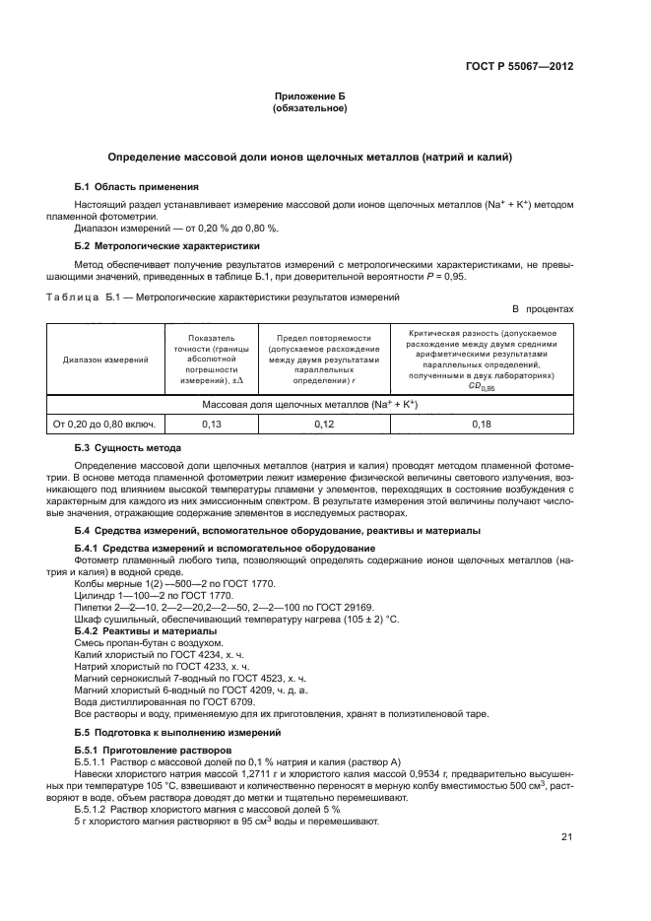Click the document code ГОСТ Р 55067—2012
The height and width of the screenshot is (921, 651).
(519, 68)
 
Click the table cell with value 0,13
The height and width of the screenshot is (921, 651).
(211, 424)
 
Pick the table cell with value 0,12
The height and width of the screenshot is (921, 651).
(324, 424)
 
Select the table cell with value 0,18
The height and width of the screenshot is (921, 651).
(482, 424)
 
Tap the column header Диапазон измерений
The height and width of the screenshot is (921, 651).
(106, 360)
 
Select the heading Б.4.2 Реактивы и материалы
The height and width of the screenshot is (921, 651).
(145, 629)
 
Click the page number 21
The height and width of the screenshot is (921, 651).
(566, 837)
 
